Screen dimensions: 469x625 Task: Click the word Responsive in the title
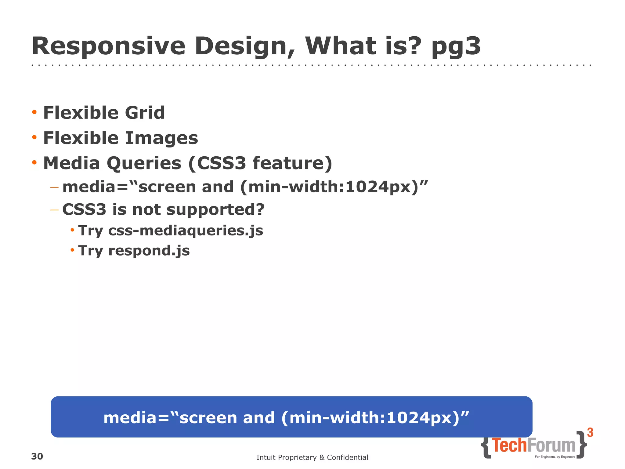click(108, 46)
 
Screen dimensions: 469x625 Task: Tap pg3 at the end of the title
click(456, 46)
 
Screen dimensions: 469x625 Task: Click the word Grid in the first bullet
click(145, 113)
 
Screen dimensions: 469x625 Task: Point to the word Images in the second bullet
click(162, 138)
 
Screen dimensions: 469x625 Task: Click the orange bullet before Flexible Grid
click(34, 112)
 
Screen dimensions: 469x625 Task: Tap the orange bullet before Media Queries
click(34, 162)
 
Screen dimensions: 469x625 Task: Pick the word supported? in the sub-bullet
click(215, 209)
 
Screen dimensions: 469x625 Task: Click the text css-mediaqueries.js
click(186, 231)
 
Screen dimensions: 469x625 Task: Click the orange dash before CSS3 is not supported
click(54, 210)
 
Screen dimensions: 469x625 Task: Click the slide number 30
click(37, 456)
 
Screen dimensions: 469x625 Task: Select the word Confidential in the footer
click(347, 457)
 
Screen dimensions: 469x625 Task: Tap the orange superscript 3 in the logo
click(590, 433)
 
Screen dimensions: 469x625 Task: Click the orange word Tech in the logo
click(509, 445)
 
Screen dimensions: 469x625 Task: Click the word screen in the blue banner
click(208, 418)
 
